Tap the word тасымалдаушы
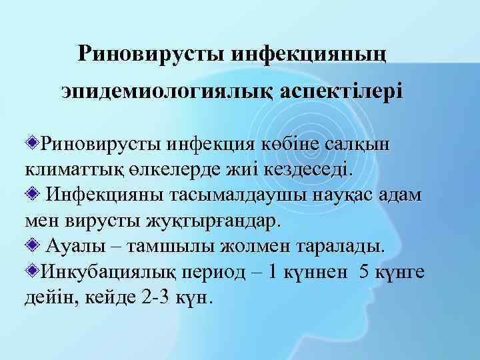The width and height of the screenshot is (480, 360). click(x=251, y=195)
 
